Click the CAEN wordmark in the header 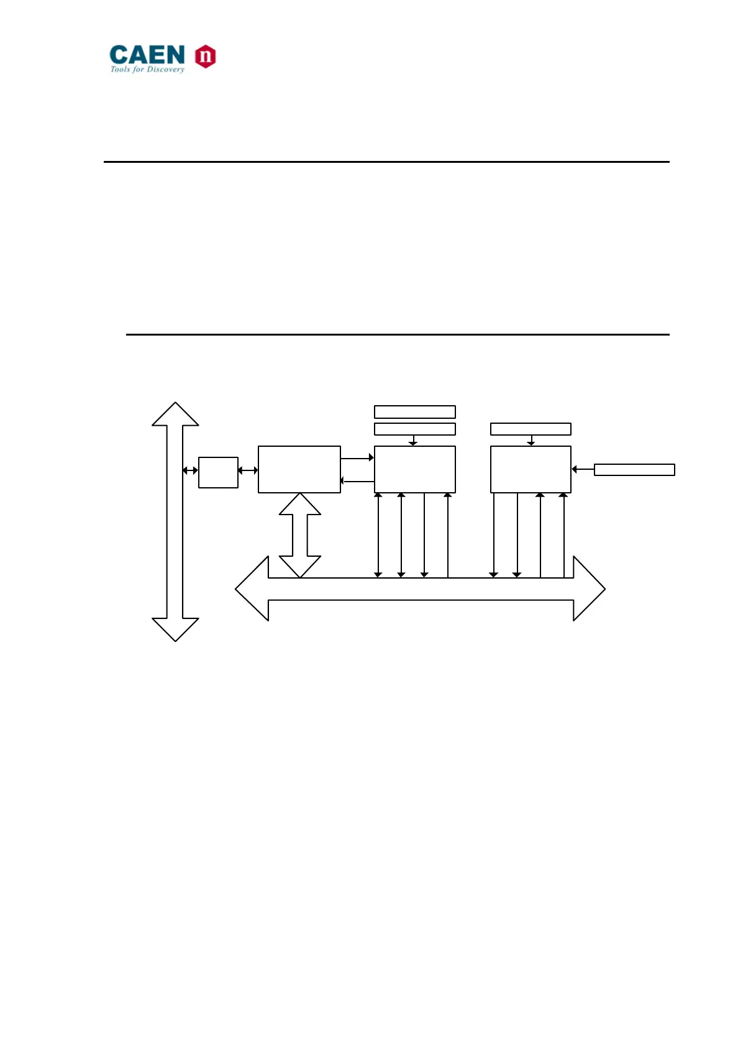(x=147, y=55)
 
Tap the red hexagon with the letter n (x=205, y=57)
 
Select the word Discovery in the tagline (x=165, y=70)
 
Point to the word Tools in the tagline (x=120, y=70)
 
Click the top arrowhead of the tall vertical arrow (x=175, y=414)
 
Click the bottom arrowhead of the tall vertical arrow (x=175, y=629)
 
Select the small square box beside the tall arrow (x=218, y=472)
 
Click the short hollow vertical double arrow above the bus (x=300, y=535)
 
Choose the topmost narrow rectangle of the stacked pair (x=414, y=411)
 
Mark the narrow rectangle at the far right (x=634, y=470)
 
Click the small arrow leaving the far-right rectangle (x=582, y=470)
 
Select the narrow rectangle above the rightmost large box (x=531, y=429)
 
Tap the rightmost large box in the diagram (x=531, y=469)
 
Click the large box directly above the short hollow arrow (x=299, y=469)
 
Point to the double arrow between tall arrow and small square (x=190, y=470)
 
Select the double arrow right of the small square (x=248, y=470)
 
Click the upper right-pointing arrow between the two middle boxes (x=357, y=458)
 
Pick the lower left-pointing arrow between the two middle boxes (x=357, y=481)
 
